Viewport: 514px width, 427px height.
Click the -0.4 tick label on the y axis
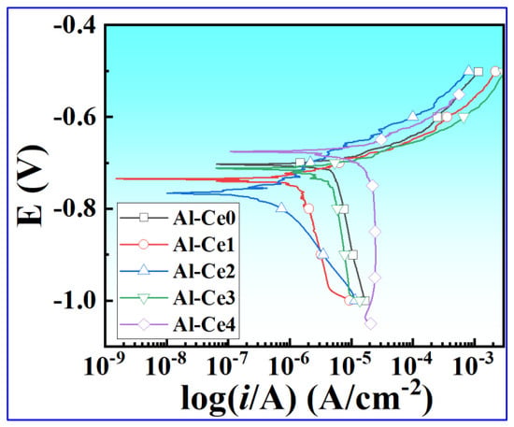75,25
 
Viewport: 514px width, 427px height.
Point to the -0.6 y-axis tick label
75,117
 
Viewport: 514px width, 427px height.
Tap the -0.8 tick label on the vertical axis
75,208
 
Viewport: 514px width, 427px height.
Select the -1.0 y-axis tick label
75,300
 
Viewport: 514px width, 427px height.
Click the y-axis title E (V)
32,186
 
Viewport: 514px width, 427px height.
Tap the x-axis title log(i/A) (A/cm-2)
307,397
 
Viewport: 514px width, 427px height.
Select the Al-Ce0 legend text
205,219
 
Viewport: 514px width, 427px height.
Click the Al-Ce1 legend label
205,245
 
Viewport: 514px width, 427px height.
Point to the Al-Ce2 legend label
205,271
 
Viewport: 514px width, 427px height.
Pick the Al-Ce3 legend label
205,298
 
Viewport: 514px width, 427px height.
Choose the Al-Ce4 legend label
205,324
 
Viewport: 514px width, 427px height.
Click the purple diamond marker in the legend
144,324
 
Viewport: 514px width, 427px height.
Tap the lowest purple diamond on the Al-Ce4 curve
370,324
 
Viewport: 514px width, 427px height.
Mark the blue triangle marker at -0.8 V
281,207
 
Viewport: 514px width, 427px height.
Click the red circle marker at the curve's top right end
495,71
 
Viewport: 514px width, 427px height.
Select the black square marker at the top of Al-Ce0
478,72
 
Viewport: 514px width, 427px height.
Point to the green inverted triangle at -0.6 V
464,118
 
